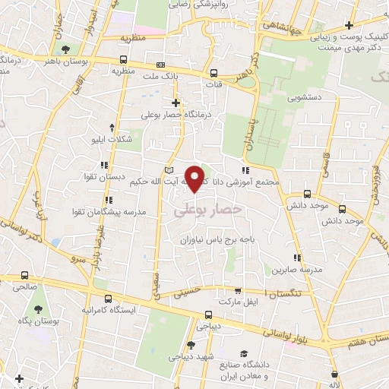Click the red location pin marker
(196, 178)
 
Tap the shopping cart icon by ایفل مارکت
(238, 290)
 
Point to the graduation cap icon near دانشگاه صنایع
(245, 355)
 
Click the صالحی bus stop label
(26, 288)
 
